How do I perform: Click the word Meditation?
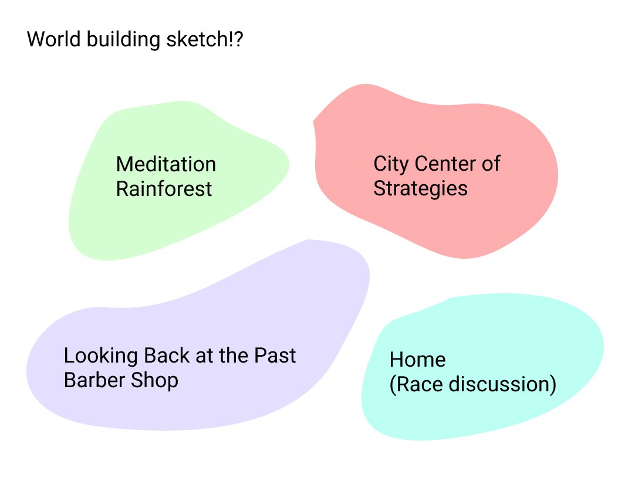[x=166, y=164]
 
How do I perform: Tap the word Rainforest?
[x=164, y=188]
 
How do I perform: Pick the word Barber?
[x=94, y=380]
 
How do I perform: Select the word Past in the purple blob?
[x=275, y=356]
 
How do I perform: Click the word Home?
[x=417, y=360]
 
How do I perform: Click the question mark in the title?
[x=238, y=39]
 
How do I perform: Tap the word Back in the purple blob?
[x=167, y=356]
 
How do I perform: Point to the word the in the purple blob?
[x=234, y=356]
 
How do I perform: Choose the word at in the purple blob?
[x=204, y=356]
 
